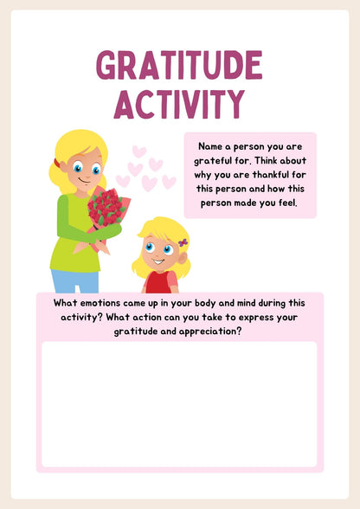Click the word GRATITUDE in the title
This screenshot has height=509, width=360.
tap(179, 66)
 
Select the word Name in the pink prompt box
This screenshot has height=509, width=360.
tap(211, 147)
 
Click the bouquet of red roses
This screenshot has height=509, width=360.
tap(106, 208)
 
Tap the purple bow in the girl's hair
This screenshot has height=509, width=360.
tap(183, 242)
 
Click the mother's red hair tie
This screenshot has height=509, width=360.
tap(57, 162)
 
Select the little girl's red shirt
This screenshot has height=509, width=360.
tap(161, 282)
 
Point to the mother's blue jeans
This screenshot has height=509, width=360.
tap(74, 280)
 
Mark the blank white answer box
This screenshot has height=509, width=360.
tap(179, 403)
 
